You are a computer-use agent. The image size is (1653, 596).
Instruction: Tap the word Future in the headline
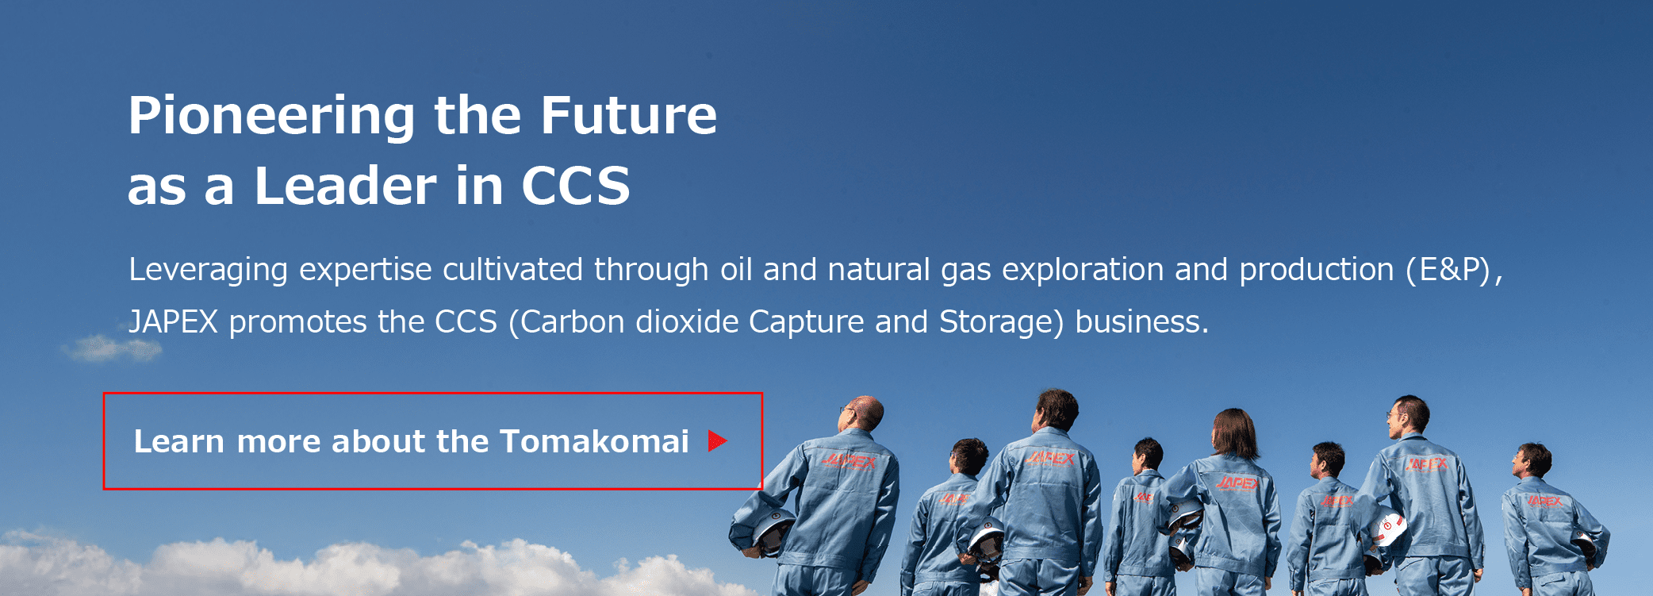click(x=629, y=115)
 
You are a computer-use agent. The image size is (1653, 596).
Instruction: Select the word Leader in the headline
click(x=345, y=186)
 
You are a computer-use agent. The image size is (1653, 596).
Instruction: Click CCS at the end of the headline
click(x=576, y=186)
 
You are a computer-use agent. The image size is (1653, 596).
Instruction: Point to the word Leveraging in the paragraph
click(x=208, y=271)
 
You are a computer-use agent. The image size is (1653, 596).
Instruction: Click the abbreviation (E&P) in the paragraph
click(x=1449, y=270)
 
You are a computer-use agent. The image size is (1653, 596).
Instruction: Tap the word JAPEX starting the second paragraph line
click(x=173, y=322)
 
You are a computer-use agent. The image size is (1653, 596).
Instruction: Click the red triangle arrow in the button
click(x=718, y=441)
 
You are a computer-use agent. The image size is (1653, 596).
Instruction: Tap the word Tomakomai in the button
click(x=594, y=441)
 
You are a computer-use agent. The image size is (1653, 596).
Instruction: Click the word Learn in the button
click(x=179, y=441)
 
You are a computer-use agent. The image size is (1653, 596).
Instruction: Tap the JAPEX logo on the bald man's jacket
click(x=850, y=460)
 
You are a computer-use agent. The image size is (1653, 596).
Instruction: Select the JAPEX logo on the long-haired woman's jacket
click(x=1237, y=483)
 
